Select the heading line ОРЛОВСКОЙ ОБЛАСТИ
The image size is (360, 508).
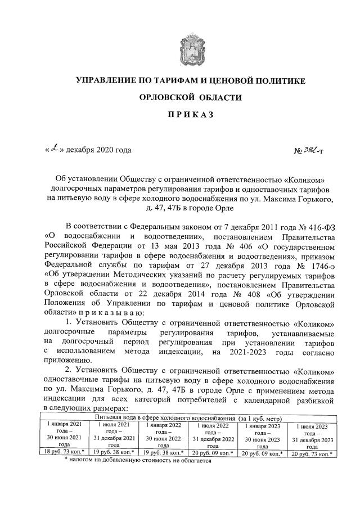191,97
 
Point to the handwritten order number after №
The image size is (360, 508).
313,150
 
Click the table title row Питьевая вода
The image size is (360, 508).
191,419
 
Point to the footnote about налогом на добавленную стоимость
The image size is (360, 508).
138,461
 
